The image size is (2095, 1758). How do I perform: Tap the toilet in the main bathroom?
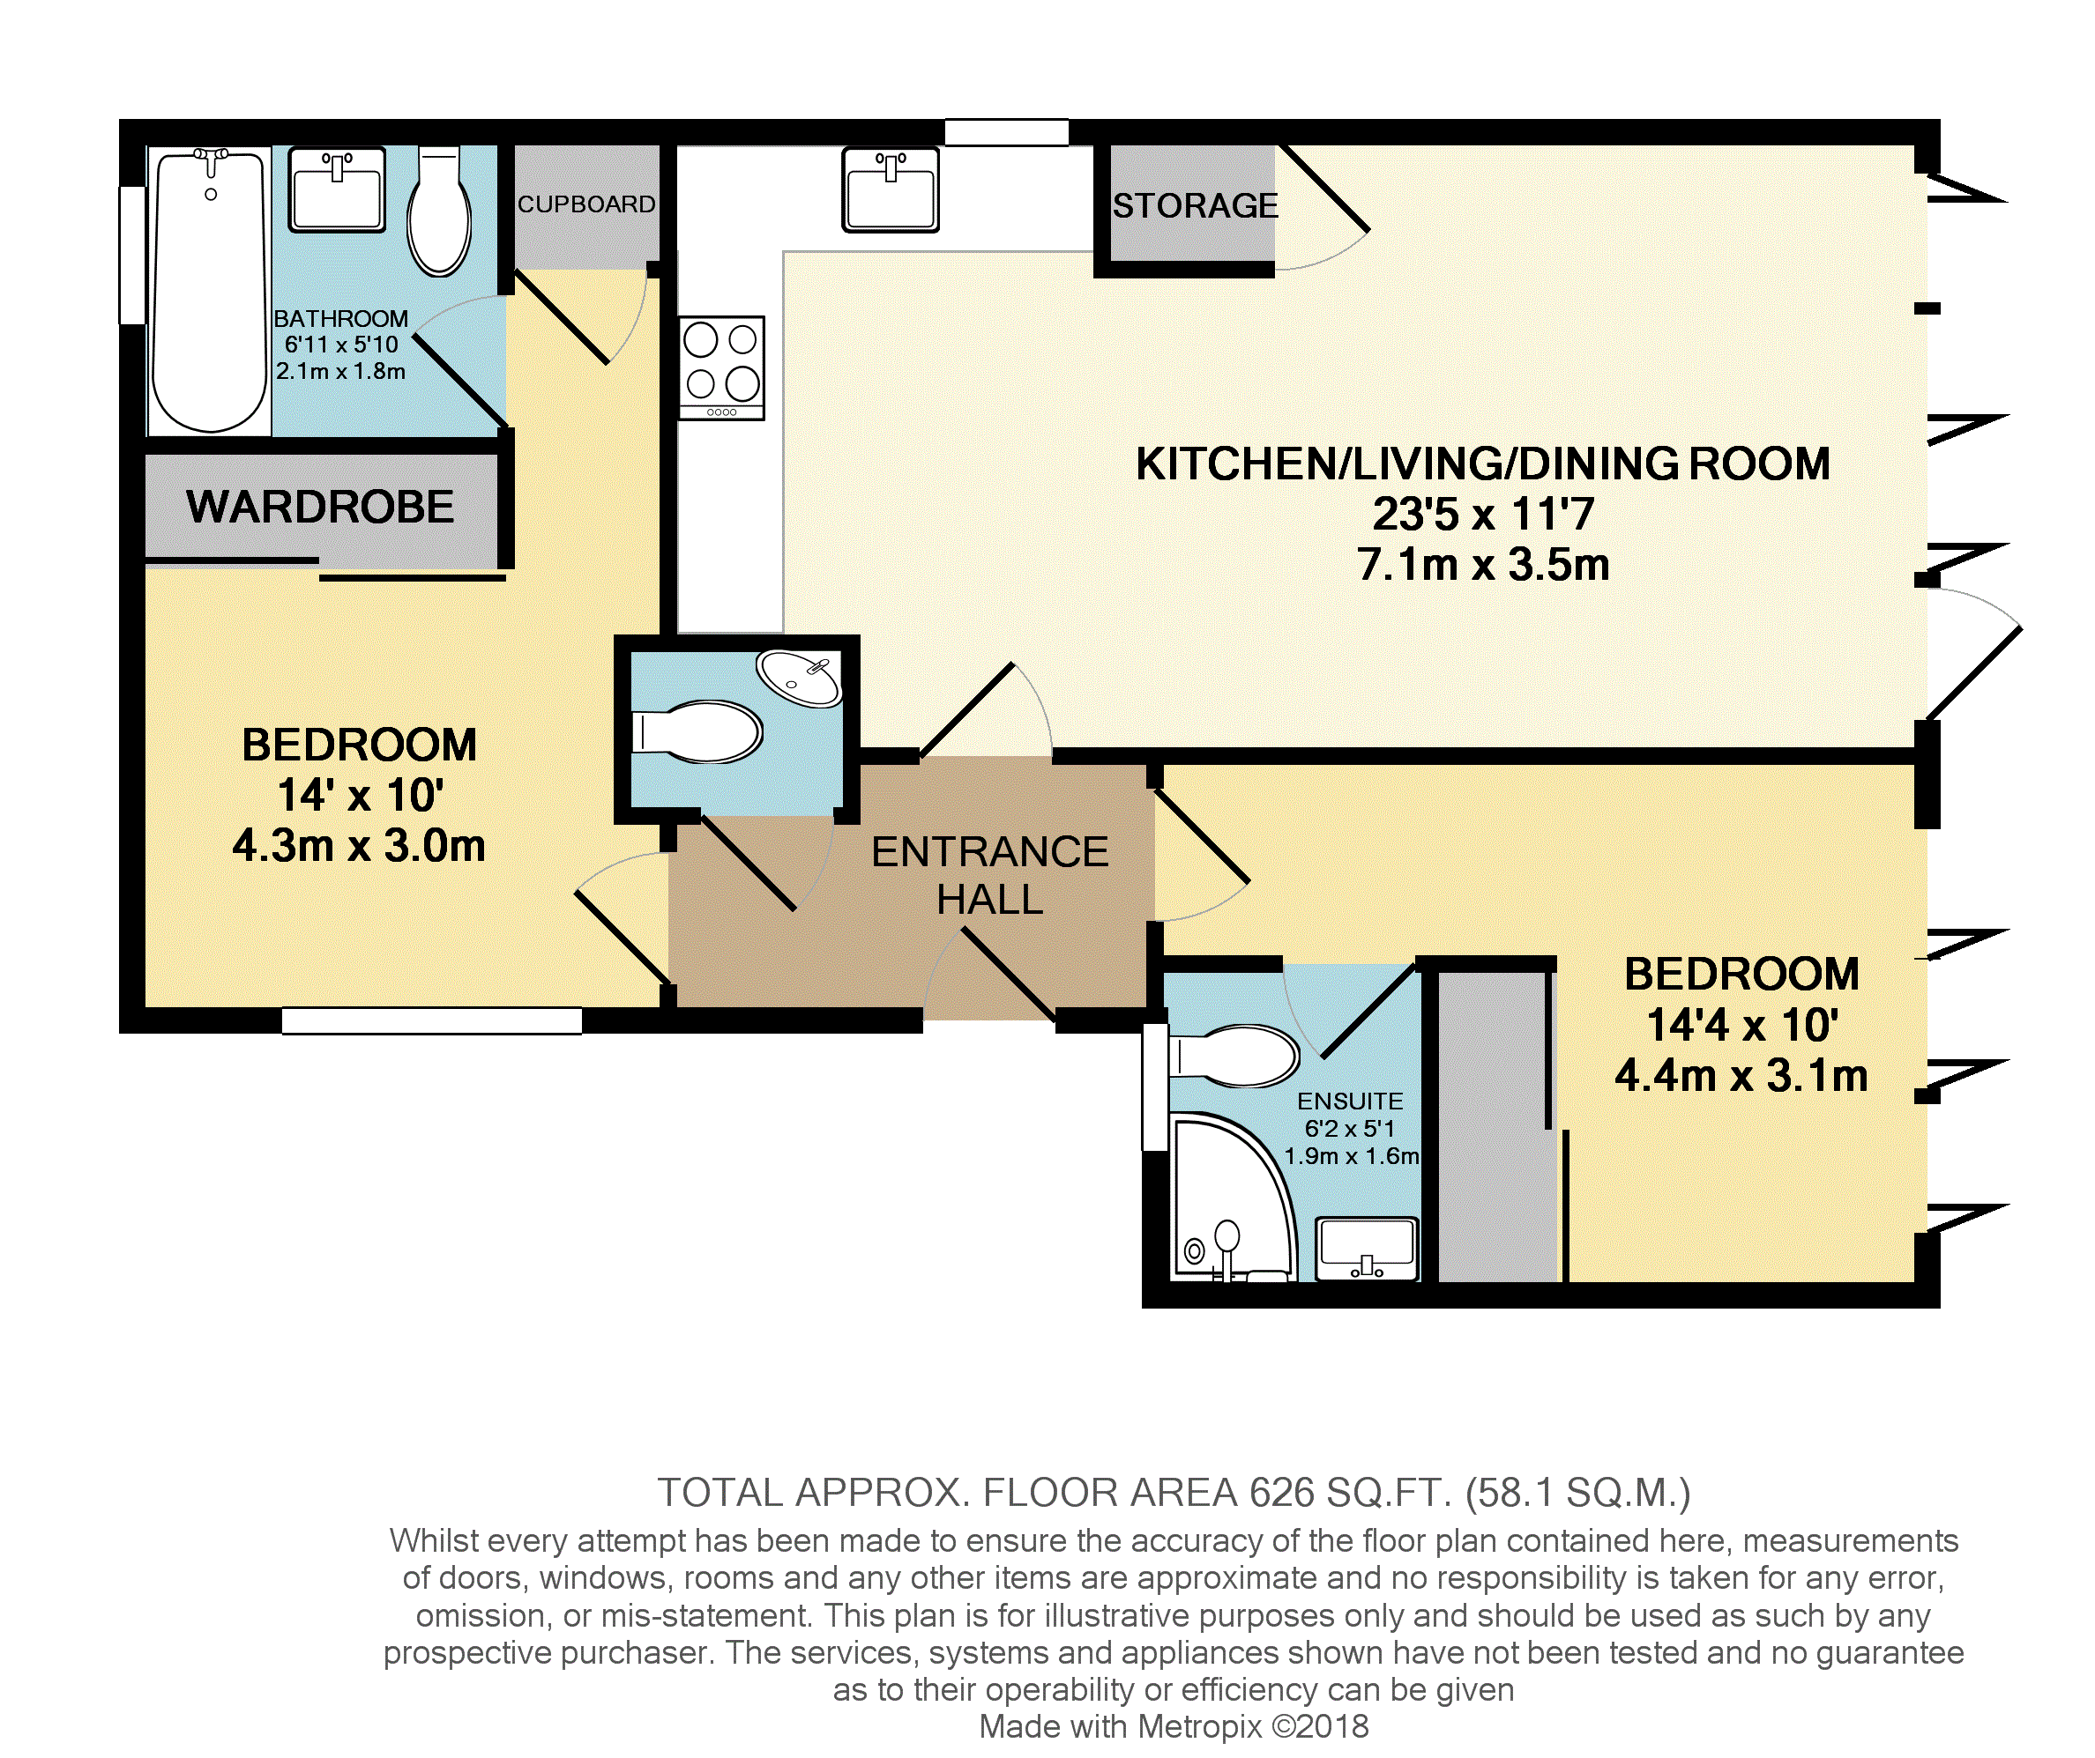click(x=439, y=211)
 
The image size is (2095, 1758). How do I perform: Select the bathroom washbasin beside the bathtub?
click(x=337, y=189)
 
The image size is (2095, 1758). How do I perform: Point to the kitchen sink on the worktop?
click(x=890, y=189)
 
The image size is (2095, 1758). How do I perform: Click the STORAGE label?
click(x=1195, y=205)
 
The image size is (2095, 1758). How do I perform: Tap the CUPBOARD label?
click(x=586, y=204)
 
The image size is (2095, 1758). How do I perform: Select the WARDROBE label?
click(x=320, y=507)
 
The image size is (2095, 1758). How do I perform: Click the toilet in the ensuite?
click(x=1234, y=1056)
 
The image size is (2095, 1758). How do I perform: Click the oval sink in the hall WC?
click(x=799, y=678)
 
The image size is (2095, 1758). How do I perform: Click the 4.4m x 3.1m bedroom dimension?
click(x=1741, y=1076)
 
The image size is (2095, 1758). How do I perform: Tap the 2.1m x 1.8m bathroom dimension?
click(x=341, y=371)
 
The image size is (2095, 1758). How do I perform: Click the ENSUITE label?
click(x=1350, y=1101)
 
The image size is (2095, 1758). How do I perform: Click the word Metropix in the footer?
click(x=1200, y=1726)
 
